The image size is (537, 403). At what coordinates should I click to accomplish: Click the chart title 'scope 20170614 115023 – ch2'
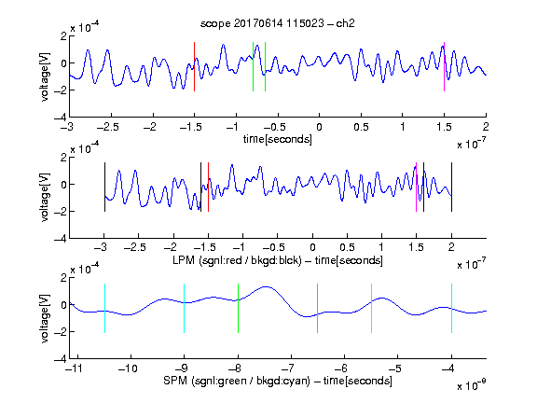point(278,23)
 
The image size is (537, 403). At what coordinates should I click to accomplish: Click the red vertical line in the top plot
point(194,66)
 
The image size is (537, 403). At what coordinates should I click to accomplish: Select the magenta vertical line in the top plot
point(444,66)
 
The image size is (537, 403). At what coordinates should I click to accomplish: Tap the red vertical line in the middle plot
point(208,188)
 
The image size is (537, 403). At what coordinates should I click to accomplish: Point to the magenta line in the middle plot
point(416,188)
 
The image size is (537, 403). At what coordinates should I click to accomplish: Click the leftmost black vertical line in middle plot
point(104,188)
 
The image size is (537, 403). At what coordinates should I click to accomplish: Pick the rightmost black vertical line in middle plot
point(451,188)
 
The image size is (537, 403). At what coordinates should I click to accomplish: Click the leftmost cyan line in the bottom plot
point(104,308)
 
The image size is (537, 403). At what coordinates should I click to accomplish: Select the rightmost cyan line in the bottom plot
point(451,308)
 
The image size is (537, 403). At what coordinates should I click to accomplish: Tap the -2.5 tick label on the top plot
point(107,127)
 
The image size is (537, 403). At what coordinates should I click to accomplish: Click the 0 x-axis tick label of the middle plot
point(312,247)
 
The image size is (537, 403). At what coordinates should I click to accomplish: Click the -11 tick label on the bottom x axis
point(74,368)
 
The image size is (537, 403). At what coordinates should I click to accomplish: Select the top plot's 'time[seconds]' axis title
point(278,139)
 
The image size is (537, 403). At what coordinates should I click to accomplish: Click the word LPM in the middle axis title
point(184,260)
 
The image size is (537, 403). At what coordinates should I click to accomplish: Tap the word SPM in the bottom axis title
point(175,381)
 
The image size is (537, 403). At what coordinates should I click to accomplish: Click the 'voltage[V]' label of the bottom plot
point(45,318)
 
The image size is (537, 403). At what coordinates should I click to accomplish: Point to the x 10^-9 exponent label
point(471,385)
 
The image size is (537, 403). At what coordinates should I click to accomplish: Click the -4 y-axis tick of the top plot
point(61,118)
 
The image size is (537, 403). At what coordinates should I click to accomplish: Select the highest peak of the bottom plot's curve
point(266,286)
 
